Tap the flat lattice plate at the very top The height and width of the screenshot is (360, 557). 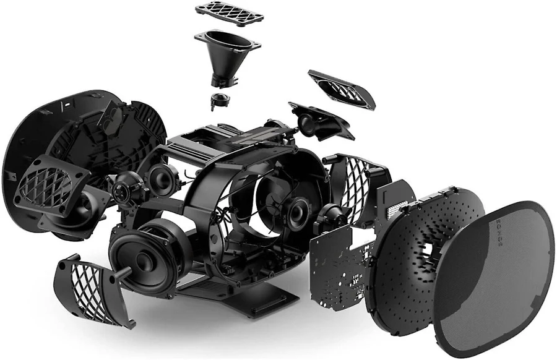229,13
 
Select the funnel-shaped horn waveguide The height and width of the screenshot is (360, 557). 227,57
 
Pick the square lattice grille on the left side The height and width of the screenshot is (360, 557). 51,186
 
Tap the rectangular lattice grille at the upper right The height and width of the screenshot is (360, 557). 342,90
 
